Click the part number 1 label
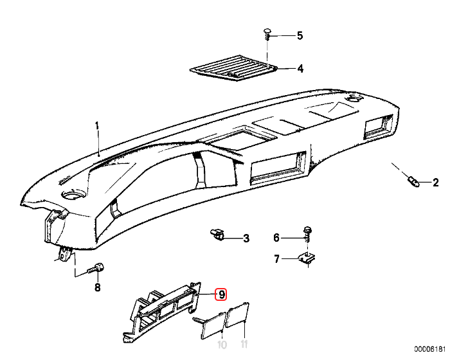coord(98,127)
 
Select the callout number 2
coord(435,183)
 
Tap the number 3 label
coord(246,239)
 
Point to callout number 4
coord(300,68)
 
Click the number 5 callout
coord(300,36)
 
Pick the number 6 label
coord(277,238)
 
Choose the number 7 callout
coord(277,259)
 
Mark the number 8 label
coord(98,287)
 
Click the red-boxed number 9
coord(221,294)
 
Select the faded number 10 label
coord(222,345)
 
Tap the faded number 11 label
coord(243,345)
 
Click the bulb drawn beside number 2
coord(413,180)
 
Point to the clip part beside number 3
coord(217,234)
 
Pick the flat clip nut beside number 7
coord(310,259)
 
